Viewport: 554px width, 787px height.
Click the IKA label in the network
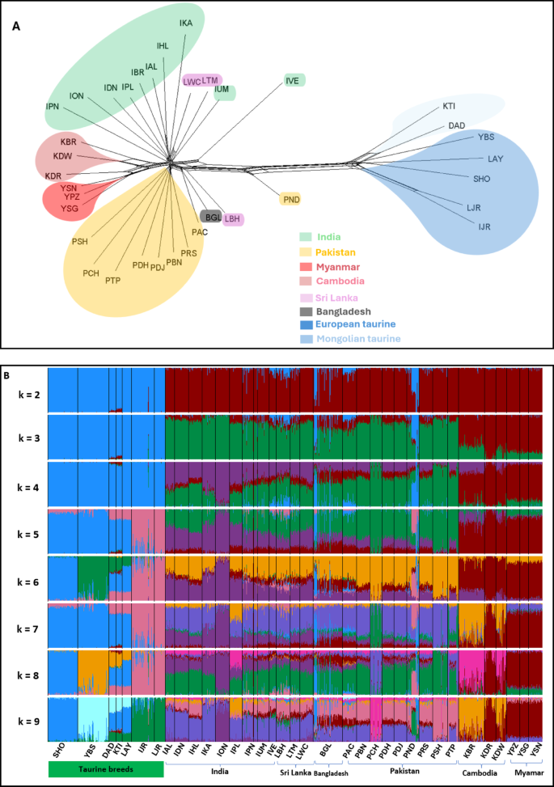coord(187,24)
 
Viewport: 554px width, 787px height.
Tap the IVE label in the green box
coord(294,80)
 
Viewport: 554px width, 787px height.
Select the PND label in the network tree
coord(290,198)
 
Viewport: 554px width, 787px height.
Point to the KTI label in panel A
coord(449,106)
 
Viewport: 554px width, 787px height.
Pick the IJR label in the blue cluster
coord(484,227)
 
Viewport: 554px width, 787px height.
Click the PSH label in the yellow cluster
coord(80,242)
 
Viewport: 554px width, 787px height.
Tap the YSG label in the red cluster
coord(70,209)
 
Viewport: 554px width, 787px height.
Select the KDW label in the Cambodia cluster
coord(62,156)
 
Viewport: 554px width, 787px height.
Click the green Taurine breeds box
coord(105,769)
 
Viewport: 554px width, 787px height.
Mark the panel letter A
coord(16,27)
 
